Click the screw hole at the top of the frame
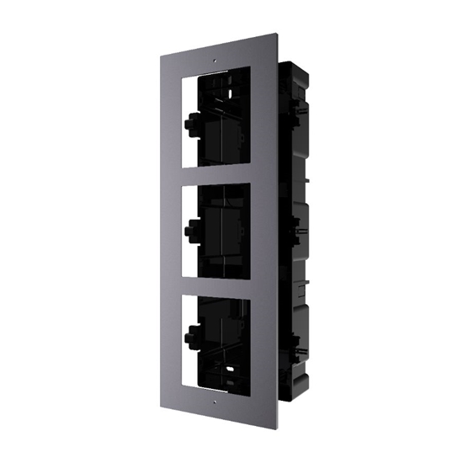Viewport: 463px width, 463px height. pos(217,61)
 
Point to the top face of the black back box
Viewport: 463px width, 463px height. pos(299,64)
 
